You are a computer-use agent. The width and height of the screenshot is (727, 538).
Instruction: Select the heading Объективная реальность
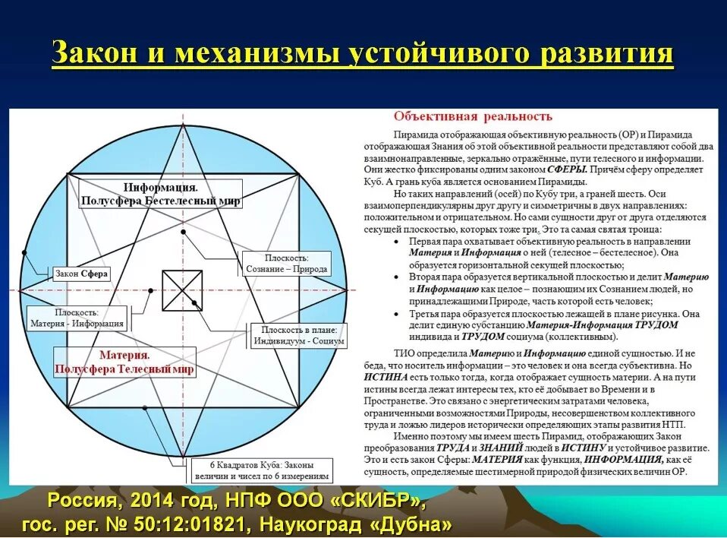click(472, 116)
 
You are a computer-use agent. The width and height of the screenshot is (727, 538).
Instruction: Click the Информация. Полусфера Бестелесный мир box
click(161, 194)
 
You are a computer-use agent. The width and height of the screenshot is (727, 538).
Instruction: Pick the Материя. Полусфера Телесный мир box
click(124, 362)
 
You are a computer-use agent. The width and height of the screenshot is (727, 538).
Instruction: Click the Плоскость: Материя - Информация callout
click(77, 318)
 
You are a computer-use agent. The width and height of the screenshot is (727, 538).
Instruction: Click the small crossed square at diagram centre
click(182, 290)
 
